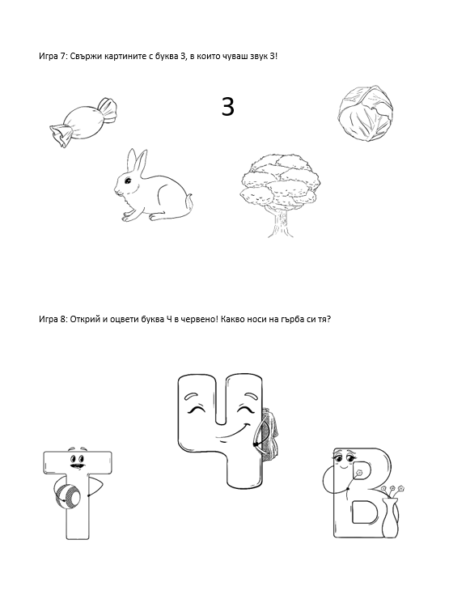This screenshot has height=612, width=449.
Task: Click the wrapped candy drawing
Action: [x=83, y=122]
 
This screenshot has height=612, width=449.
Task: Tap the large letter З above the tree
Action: [x=228, y=107]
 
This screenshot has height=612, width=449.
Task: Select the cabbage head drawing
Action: [x=365, y=113]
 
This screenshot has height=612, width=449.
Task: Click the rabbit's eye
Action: [x=128, y=181]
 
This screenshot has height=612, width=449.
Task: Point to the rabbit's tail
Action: [x=188, y=203]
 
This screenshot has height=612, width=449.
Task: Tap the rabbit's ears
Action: [x=136, y=161]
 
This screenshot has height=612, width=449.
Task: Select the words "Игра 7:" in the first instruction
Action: [x=53, y=56]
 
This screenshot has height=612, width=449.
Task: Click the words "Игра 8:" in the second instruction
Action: [x=53, y=319]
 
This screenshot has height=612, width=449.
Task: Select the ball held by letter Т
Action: [x=67, y=495]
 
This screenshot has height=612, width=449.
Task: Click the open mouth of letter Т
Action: [x=77, y=465]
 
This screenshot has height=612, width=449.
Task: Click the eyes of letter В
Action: [x=344, y=456]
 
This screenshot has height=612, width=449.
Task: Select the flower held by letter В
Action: [x=358, y=473]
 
